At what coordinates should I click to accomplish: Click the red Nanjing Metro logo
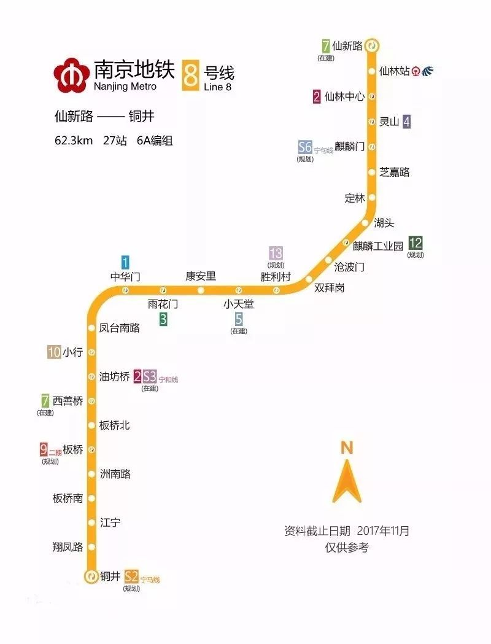[x=71, y=74]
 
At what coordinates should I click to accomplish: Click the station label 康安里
[x=201, y=276]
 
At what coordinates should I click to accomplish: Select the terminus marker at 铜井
[x=91, y=576]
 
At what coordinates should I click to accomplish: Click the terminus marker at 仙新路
[x=373, y=45]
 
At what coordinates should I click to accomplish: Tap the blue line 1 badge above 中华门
[x=125, y=262]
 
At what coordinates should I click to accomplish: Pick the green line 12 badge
[x=416, y=244]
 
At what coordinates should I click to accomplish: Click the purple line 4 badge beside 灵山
[x=406, y=122]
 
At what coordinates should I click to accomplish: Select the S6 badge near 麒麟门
[x=305, y=147]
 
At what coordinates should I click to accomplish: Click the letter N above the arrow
[x=347, y=448]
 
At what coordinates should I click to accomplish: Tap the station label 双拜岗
[x=330, y=287]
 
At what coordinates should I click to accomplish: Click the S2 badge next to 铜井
[x=131, y=576]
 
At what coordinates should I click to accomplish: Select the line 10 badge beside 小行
[x=54, y=352]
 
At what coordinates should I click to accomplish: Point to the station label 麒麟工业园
[x=377, y=246]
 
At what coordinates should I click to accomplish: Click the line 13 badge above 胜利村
[x=276, y=253]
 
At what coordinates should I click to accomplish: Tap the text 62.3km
[x=73, y=141]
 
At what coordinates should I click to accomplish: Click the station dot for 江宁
[x=91, y=522]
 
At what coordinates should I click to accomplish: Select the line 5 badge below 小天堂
[x=239, y=319]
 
